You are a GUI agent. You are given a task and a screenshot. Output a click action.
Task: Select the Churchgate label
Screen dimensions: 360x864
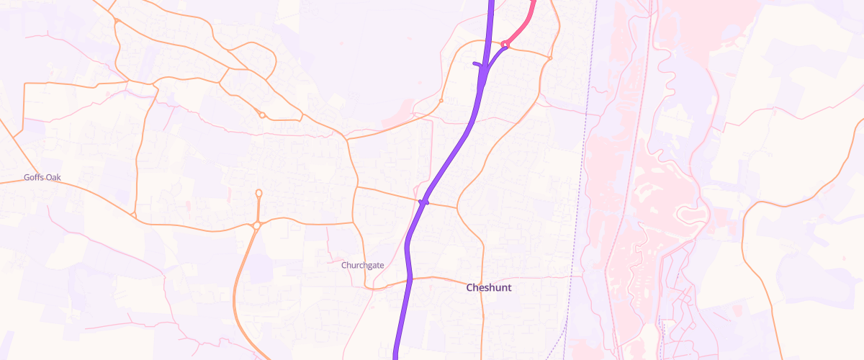(362, 265)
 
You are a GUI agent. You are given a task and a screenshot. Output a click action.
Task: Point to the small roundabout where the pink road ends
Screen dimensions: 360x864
(505, 45)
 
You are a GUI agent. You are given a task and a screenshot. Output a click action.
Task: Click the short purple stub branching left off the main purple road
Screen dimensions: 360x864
(477, 65)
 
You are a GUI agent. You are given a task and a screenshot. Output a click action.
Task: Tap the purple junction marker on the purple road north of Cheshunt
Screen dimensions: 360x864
(424, 202)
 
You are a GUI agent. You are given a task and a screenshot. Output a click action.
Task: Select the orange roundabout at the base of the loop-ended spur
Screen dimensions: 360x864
(256, 226)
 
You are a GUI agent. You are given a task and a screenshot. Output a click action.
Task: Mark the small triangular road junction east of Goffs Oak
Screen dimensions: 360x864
(134, 215)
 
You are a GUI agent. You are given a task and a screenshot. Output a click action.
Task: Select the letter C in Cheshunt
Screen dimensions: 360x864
(470, 287)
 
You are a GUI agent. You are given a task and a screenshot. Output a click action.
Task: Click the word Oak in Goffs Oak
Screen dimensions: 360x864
(59, 177)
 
